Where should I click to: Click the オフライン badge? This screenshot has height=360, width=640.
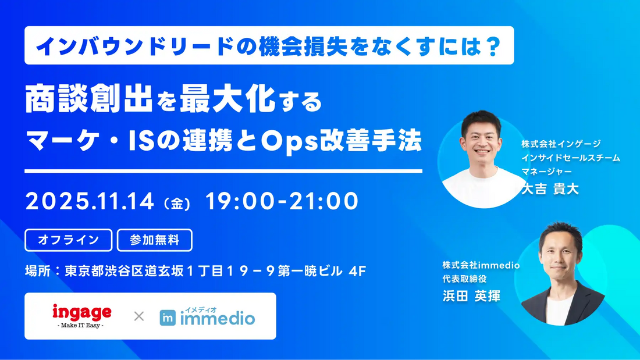click(x=68, y=240)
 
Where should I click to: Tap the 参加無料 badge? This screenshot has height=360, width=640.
click(x=154, y=240)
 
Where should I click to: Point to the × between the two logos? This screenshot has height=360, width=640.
click(x=138, y=316)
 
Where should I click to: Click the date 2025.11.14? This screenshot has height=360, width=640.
click(x=90, y=201)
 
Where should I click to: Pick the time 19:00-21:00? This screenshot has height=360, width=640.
click(x=282, y=201)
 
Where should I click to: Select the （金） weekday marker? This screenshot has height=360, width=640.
click(x=177, y=204)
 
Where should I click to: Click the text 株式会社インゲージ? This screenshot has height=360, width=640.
click(x=561, y=144)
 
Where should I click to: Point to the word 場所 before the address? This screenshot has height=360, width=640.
click(x=37, y=270)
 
